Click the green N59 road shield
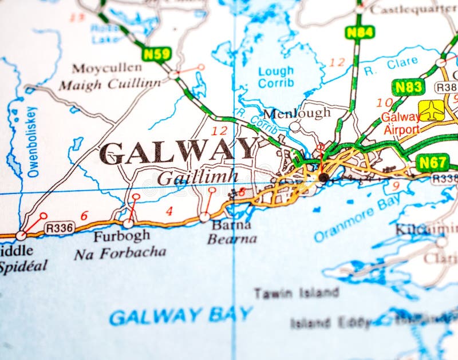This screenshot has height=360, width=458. click(156, 54)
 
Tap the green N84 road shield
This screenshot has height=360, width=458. click(359, 32)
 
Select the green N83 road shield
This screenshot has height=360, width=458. click(408, 87)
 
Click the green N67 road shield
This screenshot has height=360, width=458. click(432, 163)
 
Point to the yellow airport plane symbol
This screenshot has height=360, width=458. click(431, 110)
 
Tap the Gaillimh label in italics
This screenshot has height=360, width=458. click(197, 177)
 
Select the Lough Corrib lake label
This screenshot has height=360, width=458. click(276, 77)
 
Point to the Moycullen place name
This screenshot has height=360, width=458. click(106, 69)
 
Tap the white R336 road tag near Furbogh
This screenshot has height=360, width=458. click(59, 228)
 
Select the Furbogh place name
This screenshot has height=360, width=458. click(121, 236)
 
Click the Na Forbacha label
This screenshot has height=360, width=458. click(120, 252)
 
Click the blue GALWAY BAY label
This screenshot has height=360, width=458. click(180, 315)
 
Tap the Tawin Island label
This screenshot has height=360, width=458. click(296, 294)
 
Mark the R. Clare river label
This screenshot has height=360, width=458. click(390, 65)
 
